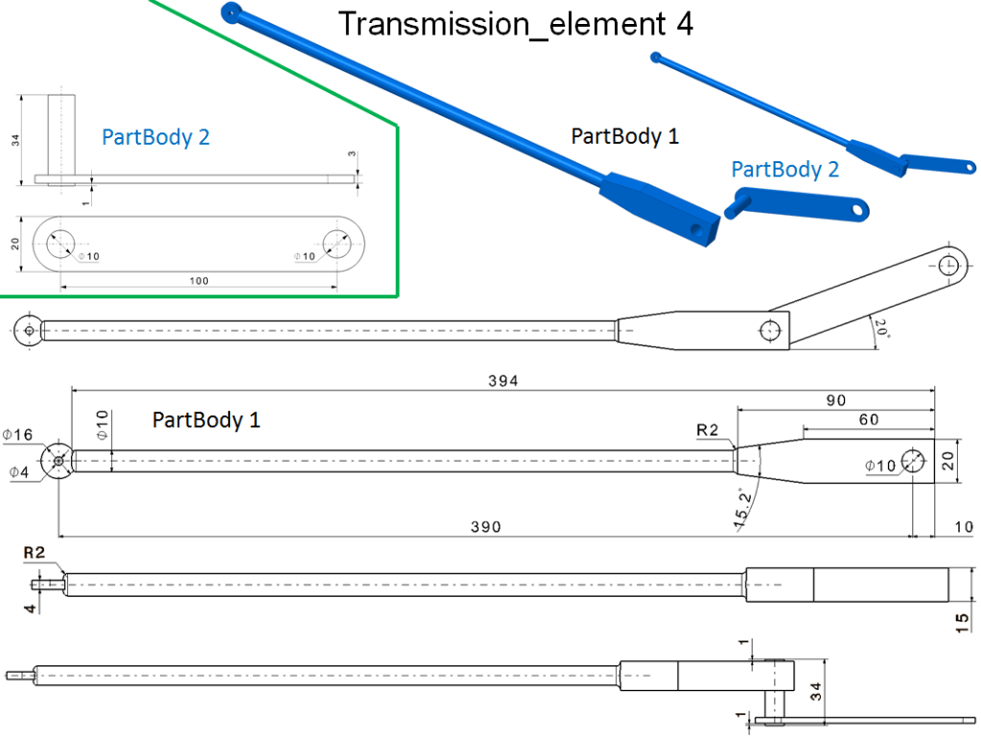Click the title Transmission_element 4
[515, 24]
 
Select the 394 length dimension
[502, 381]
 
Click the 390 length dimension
[487, 527]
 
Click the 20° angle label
[881, 331]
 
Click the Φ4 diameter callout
[18, 470]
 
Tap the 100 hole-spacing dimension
[199, 281]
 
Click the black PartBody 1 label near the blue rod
[625, 136]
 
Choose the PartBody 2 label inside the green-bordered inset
[156, 137]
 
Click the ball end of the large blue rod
[230, 12]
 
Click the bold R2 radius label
[35, 553]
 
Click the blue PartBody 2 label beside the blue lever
[784, 169]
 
